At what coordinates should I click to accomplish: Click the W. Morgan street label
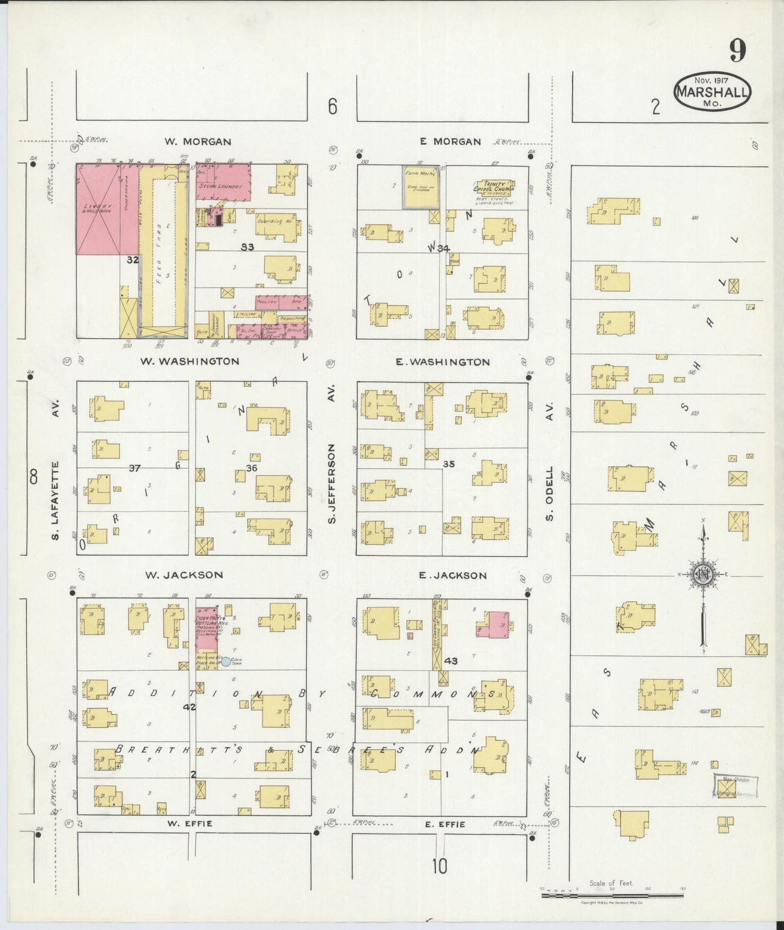coord(198,142)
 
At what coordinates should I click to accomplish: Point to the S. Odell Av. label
coord(550,492)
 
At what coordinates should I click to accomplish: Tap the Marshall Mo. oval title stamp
coord(712,93)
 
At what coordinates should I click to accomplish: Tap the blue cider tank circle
coord(226,661)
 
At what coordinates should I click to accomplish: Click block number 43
coord(451,661)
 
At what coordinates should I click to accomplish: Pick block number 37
coord(134,468)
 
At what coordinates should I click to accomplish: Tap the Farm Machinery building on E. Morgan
coord(420,186)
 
